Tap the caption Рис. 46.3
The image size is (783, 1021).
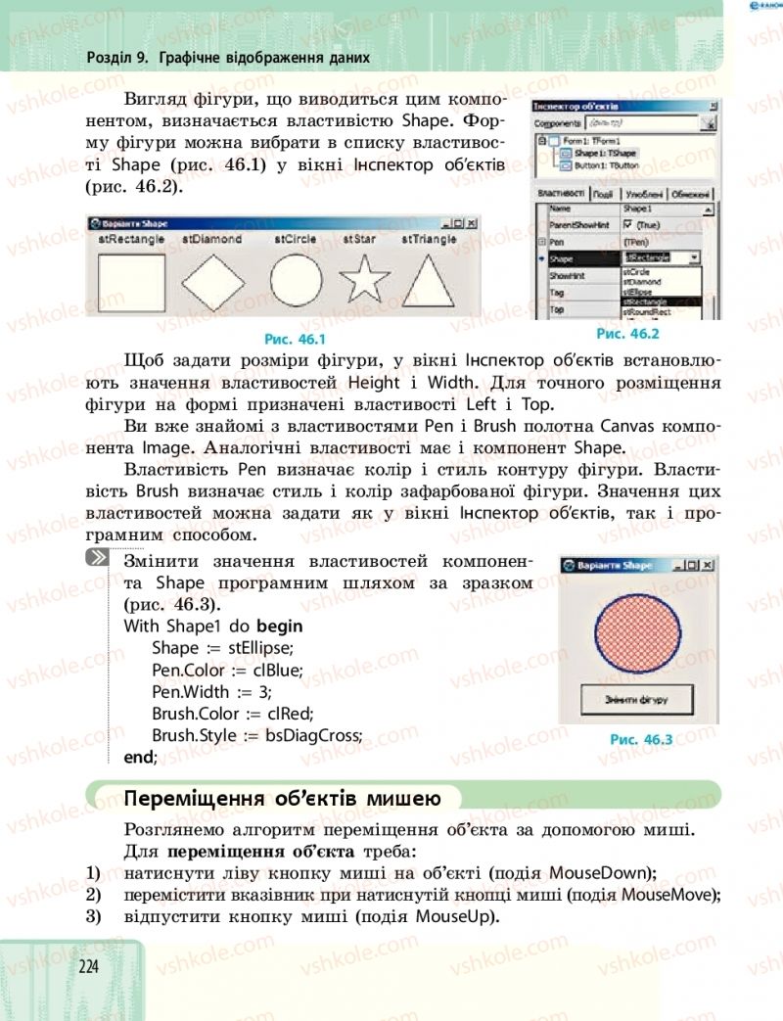pos(641,740)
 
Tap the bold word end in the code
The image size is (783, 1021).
pos(138,756)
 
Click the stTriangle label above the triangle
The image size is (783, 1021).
pos(429,238)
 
